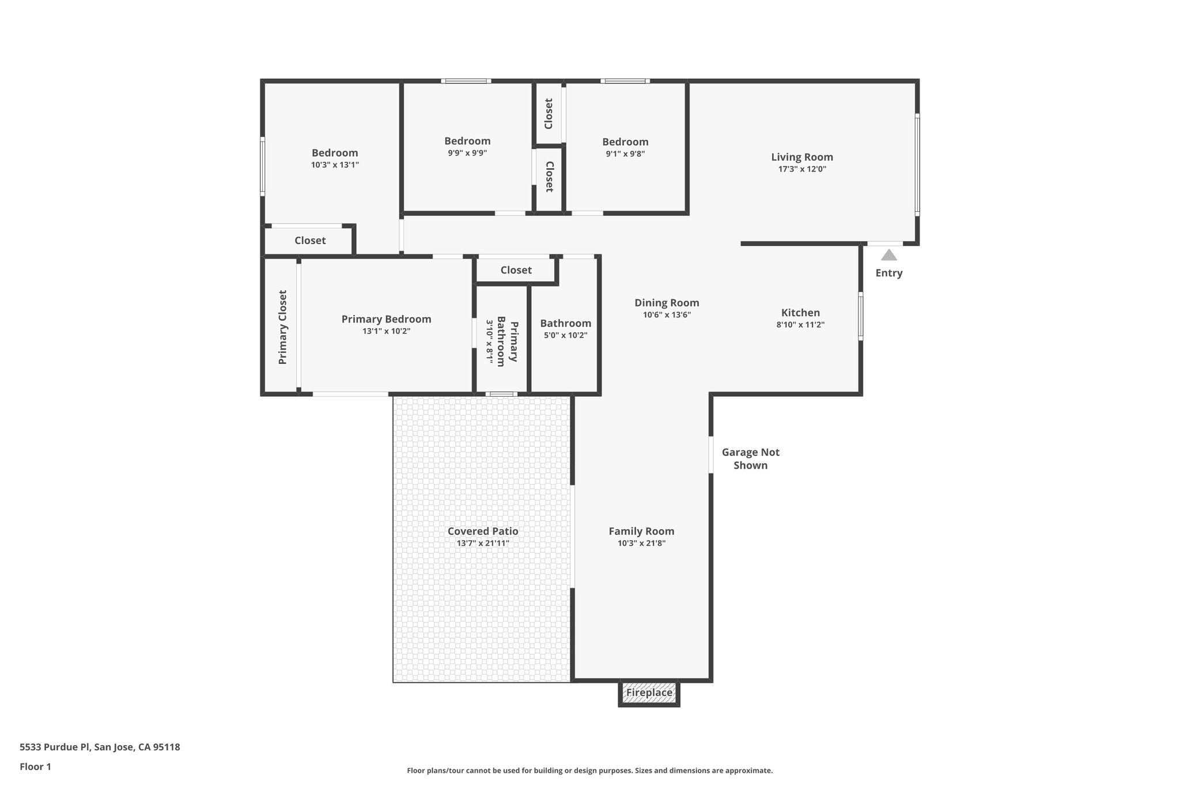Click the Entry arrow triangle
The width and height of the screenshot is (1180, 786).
tap(888, 255)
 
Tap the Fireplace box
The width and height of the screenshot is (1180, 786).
tap(649, 693)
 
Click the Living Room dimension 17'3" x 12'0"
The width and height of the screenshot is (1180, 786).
tap(802, 169)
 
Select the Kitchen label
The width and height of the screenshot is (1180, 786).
tap(800, 313)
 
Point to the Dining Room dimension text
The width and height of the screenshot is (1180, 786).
tap(667, 315)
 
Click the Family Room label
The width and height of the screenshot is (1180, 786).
tap(641, 531)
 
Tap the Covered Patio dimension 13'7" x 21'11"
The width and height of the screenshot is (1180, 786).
tap(483, 543)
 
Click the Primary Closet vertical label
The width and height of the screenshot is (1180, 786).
tap(282, 326)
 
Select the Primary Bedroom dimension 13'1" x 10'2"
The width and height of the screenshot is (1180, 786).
tap(386, 331)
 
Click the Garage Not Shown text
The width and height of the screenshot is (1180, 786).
tap(750, 459)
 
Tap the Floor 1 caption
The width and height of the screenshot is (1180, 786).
tap(35, 767)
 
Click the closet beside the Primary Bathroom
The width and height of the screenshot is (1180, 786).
tap(516, 270)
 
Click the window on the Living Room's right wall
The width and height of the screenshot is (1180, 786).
tap(917, 164)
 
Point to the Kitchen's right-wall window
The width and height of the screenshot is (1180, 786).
tap(861, 316)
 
